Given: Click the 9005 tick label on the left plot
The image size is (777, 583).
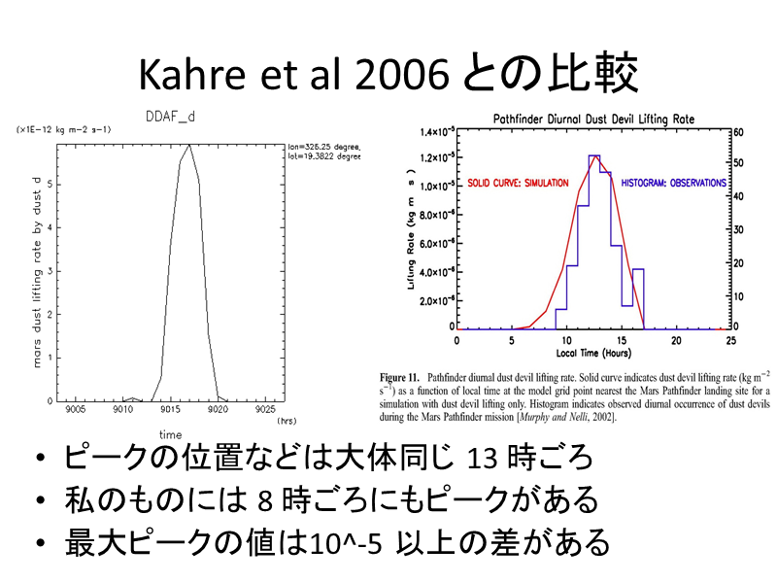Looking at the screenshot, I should pyautogui.click(x=76, y=411).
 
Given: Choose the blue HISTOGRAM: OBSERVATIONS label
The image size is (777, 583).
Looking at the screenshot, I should pyautogui.click(x=673, y=183).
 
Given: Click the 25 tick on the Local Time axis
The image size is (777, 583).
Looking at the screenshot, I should pyautogui.click(x=730, y=341).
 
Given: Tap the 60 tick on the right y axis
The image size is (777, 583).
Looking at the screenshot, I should pyautogui.click(x=739, y=132).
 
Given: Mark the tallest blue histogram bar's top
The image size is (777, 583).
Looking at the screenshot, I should pyautogui.click(x=594, y=155).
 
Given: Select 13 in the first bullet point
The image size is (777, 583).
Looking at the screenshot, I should pyautogui.click(x=484, y=458).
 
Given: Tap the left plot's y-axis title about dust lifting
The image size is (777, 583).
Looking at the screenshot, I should pyautogui.click(x=37, y=272).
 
